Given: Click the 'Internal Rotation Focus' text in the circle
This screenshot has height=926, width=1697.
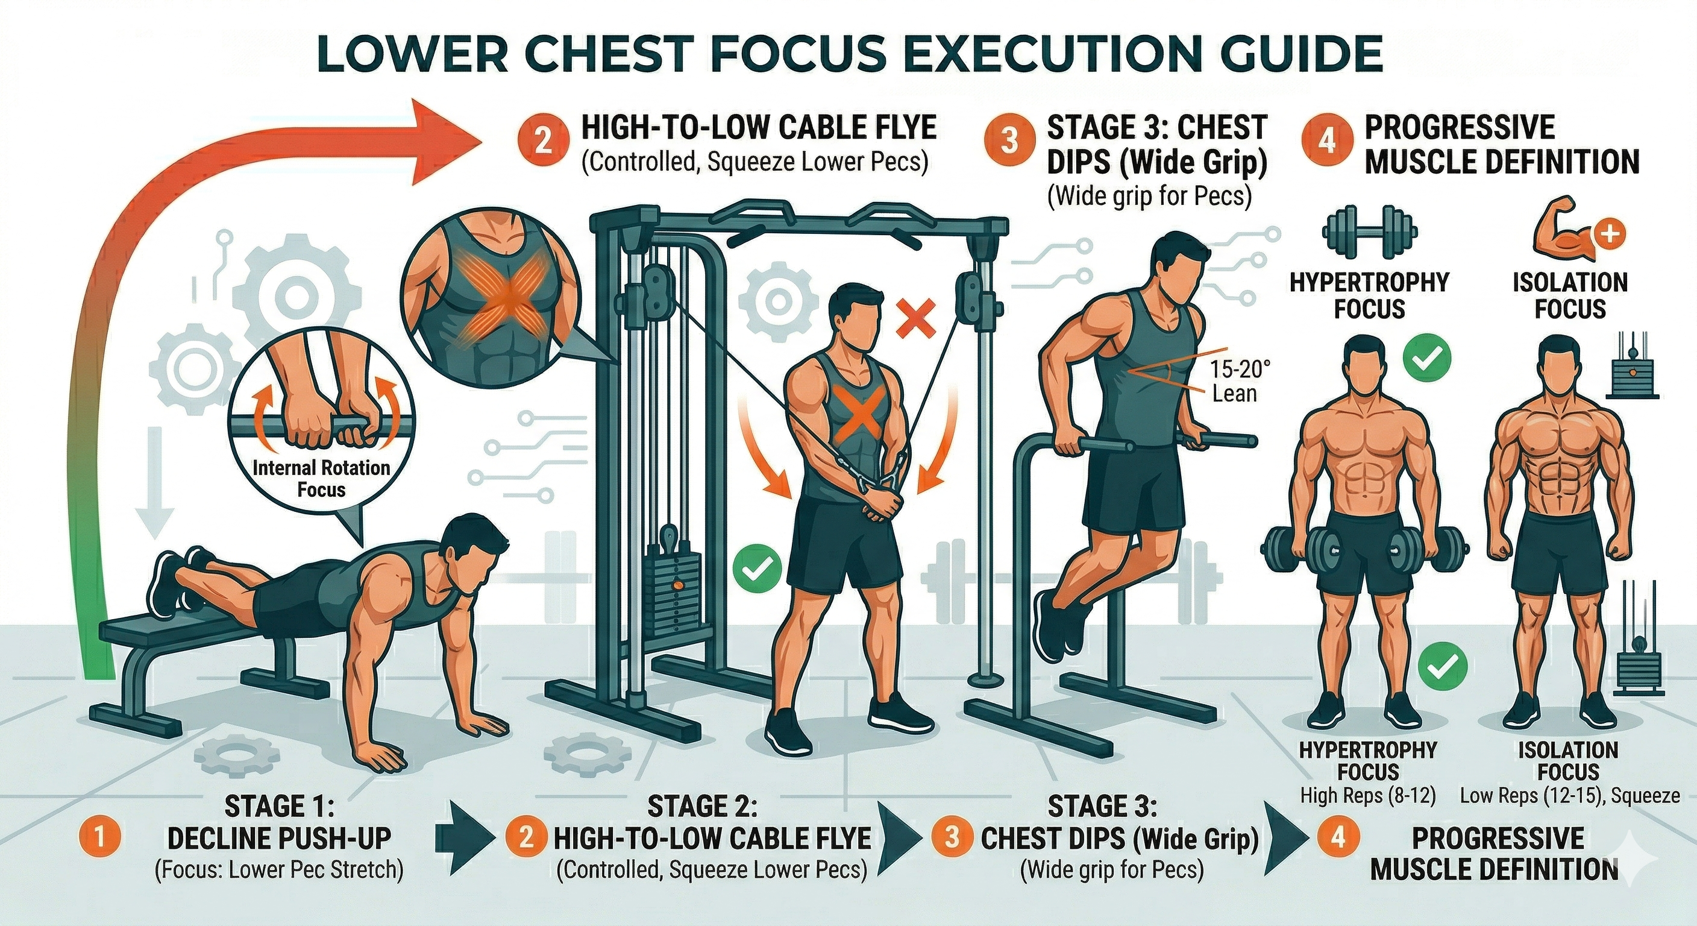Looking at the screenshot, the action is click(321, 478).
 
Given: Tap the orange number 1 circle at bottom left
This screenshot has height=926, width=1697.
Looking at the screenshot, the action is click(99, 838).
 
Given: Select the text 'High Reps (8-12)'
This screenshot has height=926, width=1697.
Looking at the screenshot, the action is click(1367, 796).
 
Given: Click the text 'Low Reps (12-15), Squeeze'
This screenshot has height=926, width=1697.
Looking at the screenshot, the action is click(1570, 796).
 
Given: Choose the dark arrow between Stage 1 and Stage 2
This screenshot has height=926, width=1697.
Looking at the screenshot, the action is click(465, 838).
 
